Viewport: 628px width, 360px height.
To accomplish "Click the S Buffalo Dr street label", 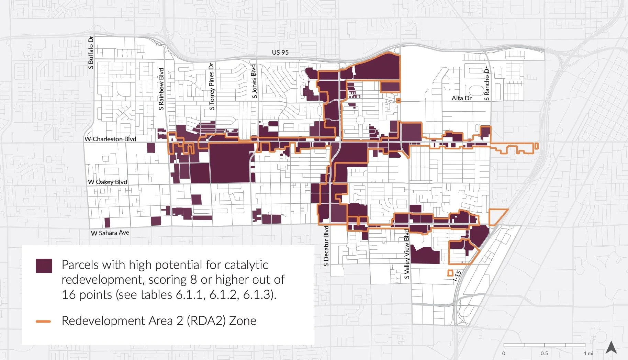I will click(x=91, y=52).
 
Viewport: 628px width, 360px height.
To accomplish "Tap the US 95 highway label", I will click(x=280, y=53).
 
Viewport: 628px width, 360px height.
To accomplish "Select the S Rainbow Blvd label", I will click(x=161, y=89).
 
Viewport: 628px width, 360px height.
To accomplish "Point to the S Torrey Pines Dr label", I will click(x=212, y=86).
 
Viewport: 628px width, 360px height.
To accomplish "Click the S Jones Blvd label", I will click(x=254, y=81).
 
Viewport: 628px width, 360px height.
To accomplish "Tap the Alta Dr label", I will click(x=461, y=98).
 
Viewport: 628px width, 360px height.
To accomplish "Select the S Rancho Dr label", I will click(x=486, y=84).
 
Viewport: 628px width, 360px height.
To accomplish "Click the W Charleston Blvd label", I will click(x=110, y=139).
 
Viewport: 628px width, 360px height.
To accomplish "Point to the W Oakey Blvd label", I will click(x=108, y=182).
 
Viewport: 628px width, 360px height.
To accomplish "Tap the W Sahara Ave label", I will click(x=110, y=233).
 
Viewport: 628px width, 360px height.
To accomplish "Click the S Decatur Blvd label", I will click(x=326, y=246).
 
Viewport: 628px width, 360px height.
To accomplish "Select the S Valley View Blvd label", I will click(x=407, y=254).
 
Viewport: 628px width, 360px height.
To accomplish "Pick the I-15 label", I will click(x=457, y=276).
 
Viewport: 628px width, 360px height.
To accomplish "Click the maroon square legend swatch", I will click(x=44, y=266).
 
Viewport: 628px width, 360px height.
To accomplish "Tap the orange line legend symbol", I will click(x=43, y=322).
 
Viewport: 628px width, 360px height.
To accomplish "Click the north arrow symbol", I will click(x=611, y=347).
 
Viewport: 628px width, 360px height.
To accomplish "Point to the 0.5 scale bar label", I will click(x=544, y=353).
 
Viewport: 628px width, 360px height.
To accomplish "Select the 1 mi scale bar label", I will click(x=588, y=353).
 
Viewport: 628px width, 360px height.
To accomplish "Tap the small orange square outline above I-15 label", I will click(x=450, y=273).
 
